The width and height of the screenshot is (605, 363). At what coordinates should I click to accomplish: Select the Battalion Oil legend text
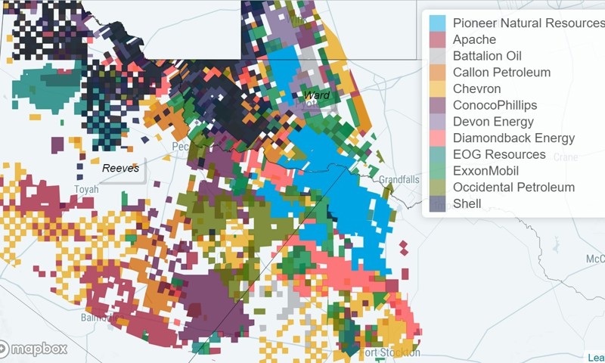pyautogui.click(x=487, y=56)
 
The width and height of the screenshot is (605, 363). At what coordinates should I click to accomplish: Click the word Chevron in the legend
pyautogui.click(x=477, y=88)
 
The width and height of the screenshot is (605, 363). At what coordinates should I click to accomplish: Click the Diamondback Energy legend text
pyautogui.click(x=513, y=138)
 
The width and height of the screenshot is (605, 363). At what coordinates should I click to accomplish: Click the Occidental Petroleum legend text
pyautogui.click(x=513, y=187)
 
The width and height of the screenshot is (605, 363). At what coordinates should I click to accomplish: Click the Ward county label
pyautogui.click(x=317, y=95)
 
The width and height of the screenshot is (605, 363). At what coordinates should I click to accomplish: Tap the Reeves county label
pyautogui.click(x=121, y=168)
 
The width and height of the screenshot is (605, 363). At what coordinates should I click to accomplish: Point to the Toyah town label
pyautogui.click(x=86, y=189)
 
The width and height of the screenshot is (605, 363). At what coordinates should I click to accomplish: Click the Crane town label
pyautogui.click(x=566, y=157)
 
